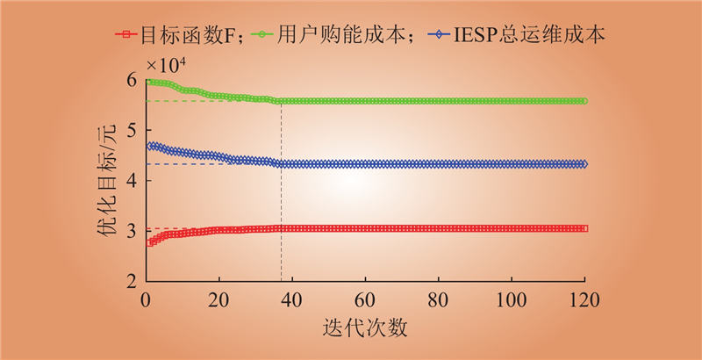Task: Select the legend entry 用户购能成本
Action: tap(351, 37)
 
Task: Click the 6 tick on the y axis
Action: tap(131, 80)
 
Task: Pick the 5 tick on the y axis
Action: tap(131, 130)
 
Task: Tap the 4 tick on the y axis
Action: tap(131, 180)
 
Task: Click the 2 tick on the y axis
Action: tap(131, 281)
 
